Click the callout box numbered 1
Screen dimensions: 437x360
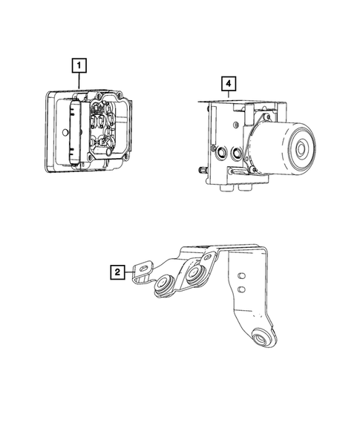[77, 65]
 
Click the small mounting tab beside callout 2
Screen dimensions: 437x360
[142, 266]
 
